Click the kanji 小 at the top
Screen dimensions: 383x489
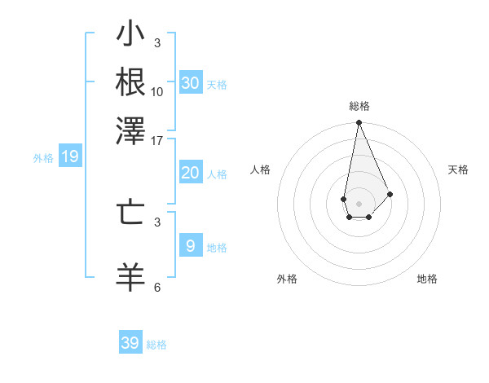(131, 37)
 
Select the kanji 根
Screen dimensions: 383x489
(131, 82)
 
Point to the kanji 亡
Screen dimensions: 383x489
(131, 214)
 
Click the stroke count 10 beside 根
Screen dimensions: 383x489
(157, 91)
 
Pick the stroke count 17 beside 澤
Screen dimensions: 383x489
(157, 140)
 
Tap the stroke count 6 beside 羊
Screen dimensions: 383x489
(157, 287)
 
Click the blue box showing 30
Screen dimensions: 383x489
(190, 83)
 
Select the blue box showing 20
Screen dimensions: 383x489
(190, 173)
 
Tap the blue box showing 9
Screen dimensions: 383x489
(190, 246)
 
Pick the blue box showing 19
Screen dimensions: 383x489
(70, 156)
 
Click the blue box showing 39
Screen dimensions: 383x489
(130, 343)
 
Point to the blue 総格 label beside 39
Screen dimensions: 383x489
(157, 345)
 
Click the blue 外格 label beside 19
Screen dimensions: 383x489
(43, 158)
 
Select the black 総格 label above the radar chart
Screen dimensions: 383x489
(359, 106)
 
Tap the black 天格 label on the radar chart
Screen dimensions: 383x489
(459, 169)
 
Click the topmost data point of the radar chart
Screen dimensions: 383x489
(359, 123)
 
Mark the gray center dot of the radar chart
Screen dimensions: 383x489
(359, 202)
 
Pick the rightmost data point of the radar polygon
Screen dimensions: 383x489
(390, 194)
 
